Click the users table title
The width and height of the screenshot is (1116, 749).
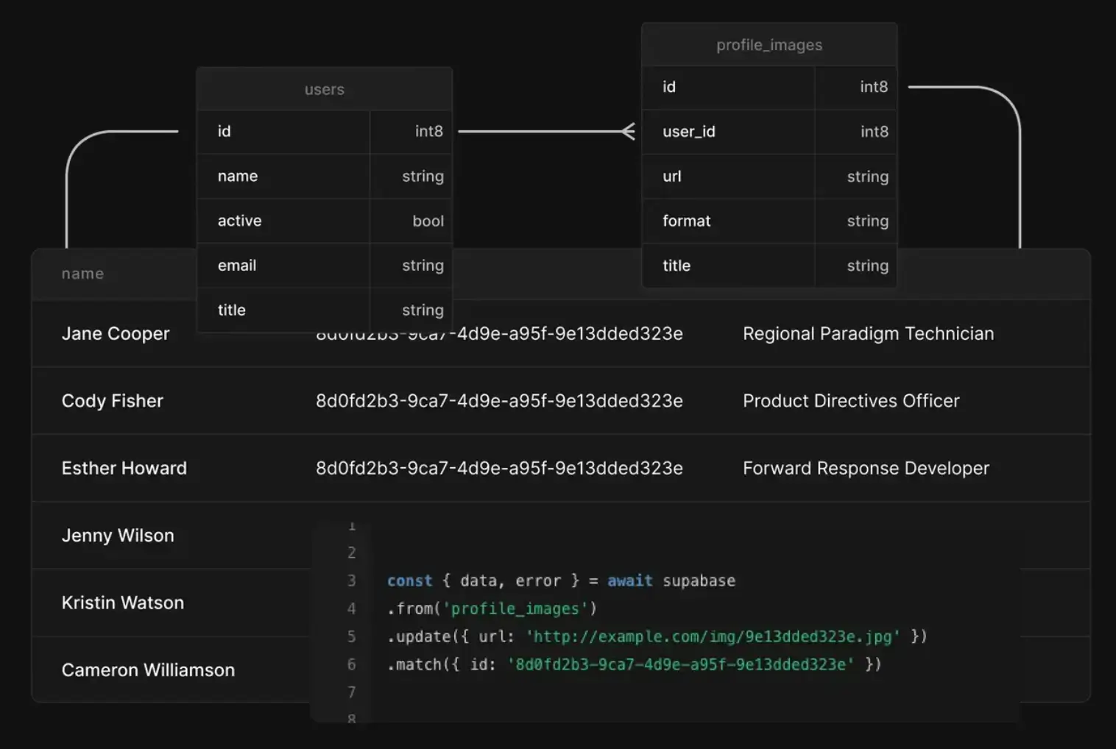click(325, 90)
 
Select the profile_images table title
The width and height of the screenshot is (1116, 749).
click(769, 45)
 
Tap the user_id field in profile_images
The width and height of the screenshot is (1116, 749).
click(689, 132)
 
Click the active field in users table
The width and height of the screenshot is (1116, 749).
click(240, 221)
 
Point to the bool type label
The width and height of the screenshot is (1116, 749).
click(428, 221)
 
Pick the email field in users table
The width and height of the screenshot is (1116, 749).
click(237, 266)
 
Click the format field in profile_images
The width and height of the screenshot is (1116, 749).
click(687, 221)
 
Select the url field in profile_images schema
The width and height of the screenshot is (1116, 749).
click(672, 177)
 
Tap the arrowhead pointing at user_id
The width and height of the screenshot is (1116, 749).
click(628, 132)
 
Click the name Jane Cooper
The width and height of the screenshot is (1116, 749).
click(116, 334)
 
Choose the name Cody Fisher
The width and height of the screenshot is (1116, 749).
click(113, 401)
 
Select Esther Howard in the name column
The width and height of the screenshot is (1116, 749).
click(124, 469)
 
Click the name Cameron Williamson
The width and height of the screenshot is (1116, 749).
click(148, 670)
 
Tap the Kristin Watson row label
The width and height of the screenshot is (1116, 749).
click(123, 603)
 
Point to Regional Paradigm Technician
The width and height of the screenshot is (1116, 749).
click(868, 334)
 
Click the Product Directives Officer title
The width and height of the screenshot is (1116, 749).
click(851, 401)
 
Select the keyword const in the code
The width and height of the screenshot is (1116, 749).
click(409, 581)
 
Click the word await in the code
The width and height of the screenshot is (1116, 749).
click(629, 581)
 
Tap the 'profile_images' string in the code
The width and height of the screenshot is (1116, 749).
click(515, 609)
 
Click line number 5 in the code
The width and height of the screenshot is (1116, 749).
click(352, 636)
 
